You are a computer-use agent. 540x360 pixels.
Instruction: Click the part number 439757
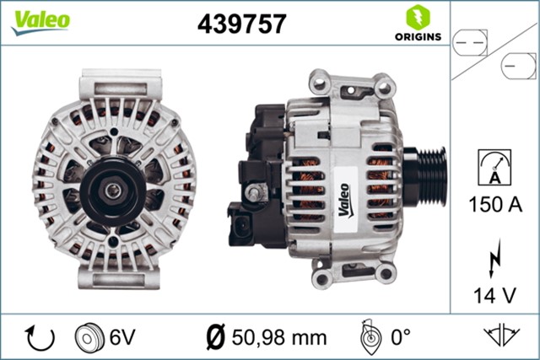click(x=241, y=24)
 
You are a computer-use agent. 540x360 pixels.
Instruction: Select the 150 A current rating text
click(x=495, y=204)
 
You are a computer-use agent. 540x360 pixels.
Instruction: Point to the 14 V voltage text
click(x=495, y=294)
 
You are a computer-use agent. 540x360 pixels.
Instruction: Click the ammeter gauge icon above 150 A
click(x=495, y=167)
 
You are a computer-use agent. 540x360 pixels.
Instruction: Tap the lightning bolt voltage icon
click(x=495, y=256)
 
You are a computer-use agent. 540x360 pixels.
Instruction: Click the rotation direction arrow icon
click(x=40, y=337)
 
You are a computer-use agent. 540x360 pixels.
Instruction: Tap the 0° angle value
click(x=400, y=337)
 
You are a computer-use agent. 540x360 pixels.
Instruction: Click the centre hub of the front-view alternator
click(x=111, y=191)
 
